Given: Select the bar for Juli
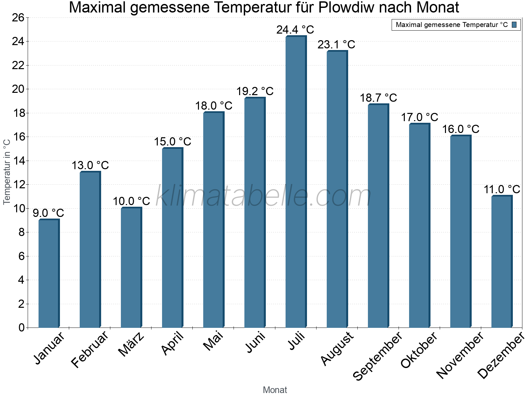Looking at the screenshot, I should (296, 182).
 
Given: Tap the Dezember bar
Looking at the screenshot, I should (502, 262).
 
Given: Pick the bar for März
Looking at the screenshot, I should (131, 267).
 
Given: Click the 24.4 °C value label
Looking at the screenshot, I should (295, 30).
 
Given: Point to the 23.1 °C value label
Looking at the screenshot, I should (336, 44).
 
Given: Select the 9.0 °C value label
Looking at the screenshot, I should (48, 213).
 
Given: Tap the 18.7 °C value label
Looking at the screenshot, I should (378, 98).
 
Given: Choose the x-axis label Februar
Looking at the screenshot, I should (90, 349).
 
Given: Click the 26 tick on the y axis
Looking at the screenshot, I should (18, 17).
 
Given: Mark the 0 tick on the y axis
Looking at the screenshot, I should (21, 328).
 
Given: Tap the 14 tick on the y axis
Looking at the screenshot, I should (18, 161).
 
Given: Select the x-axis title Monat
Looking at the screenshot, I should (275, 390).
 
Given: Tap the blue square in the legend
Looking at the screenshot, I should (514, 25).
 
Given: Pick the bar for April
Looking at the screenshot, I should (172, 238).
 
